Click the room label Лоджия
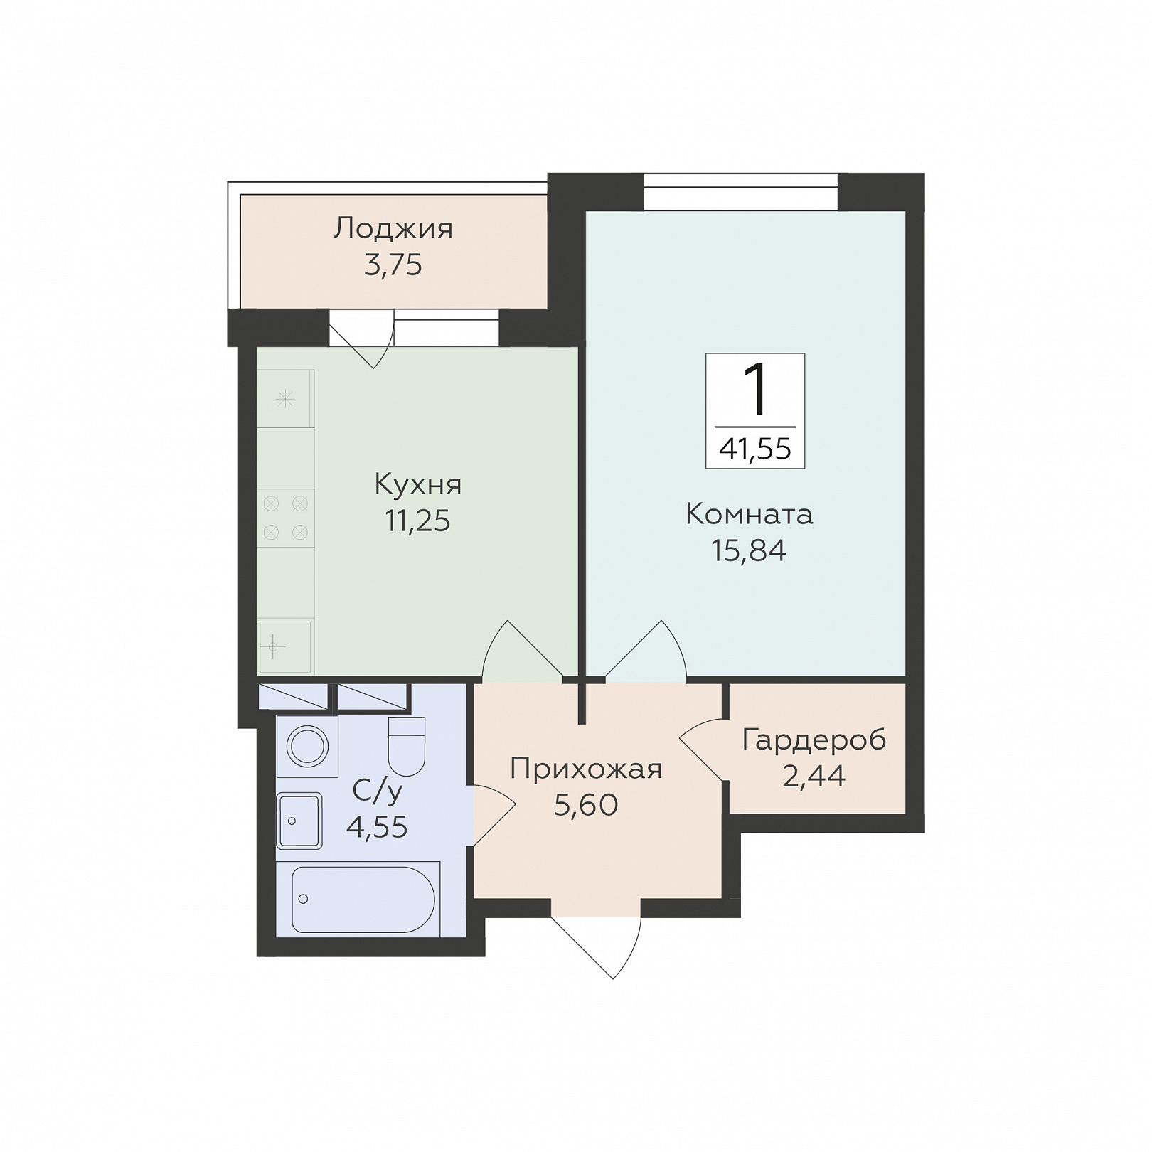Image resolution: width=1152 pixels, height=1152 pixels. (393, 229)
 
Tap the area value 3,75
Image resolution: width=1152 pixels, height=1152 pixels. (393, 265)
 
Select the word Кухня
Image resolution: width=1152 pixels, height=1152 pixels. (418, 484)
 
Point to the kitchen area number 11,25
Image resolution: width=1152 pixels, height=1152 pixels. (418, 521)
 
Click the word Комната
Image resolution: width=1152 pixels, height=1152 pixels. (749, 514)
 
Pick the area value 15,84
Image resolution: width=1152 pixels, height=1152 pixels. (749, 550)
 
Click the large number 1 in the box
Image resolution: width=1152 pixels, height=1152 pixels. (755, 389)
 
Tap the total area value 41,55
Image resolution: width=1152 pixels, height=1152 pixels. (755, 449)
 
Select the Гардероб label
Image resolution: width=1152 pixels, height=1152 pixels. (814, 741)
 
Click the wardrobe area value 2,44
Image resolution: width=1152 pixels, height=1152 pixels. (814, 777)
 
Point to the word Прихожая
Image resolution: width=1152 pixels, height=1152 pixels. (586, 769)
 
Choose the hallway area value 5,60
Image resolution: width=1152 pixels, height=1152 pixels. (586, 805)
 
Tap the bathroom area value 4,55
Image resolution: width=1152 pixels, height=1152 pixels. (377, 827)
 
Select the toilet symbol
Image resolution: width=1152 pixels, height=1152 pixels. (407, 746)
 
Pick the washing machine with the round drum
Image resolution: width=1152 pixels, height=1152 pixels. (307, 747)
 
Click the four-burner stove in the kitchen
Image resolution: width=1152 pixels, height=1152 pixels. (285, 518)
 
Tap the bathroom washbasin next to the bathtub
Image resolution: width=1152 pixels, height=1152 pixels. (299, 821)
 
